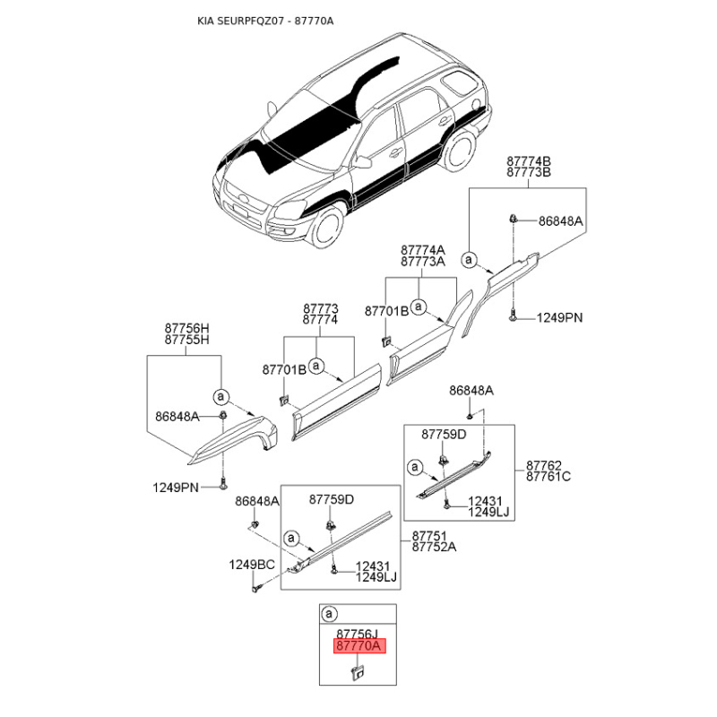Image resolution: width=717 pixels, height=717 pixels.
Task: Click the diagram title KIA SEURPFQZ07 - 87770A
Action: tap(265, 21)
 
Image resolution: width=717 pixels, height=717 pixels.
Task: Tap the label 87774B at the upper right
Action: tap(529, 161)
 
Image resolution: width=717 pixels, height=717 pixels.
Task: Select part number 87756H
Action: tap(187, 328)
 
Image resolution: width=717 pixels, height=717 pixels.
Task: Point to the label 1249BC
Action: tap(252, 565)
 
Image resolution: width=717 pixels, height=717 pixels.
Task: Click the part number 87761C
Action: tap(549, 477)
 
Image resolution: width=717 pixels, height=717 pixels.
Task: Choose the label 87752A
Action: tap(434, 547)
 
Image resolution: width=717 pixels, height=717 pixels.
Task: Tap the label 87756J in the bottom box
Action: tap(358, 634)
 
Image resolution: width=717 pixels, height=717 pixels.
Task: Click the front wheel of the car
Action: tap(327, 227)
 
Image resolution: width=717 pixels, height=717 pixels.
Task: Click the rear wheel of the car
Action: tap(460, 151)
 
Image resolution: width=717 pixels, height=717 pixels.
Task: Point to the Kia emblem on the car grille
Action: tap(242, 198)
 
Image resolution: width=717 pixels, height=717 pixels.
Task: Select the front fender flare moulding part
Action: tap(233, 438)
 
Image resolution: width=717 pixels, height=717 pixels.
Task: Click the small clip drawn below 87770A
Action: tap(357, 671)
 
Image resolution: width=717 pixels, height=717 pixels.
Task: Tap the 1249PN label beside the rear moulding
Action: tap(559, 317)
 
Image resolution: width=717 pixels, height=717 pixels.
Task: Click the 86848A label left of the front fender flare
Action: tap(177, 417)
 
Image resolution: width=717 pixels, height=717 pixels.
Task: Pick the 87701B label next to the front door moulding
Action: tap(284, 369)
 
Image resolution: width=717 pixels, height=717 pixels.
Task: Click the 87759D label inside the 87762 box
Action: tap(444, 435)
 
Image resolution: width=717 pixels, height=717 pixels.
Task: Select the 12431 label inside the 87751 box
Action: tap(373, 566)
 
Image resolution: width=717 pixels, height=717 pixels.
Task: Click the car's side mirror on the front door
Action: tap(363, 162)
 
